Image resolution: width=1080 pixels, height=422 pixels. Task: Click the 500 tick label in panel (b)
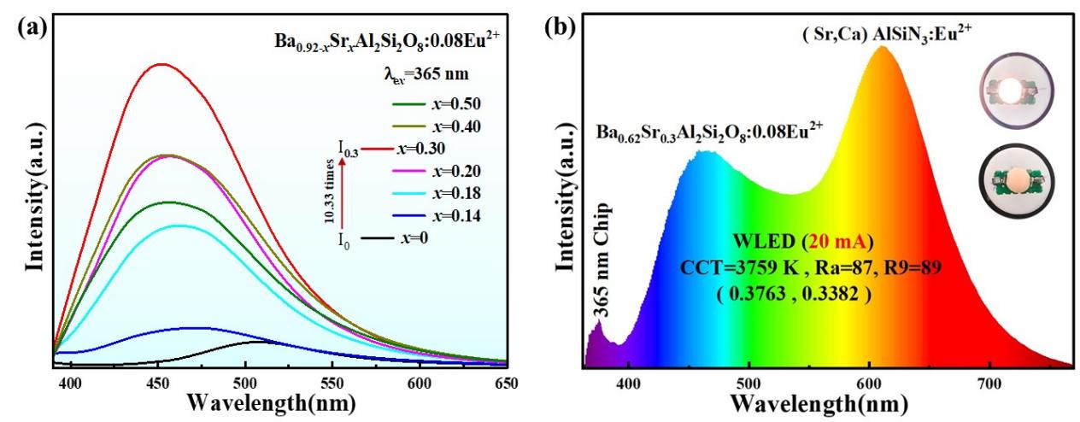point(749,383)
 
